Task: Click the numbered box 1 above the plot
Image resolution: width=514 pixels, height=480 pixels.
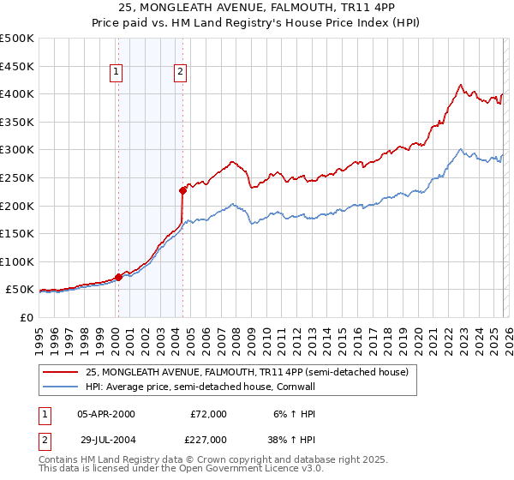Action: click(x=116, y=73)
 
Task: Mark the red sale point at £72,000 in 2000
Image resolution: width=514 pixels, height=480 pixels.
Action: click(x=118, y=277)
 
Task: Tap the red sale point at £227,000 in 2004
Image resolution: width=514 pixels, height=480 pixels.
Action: click(x=182, y=190)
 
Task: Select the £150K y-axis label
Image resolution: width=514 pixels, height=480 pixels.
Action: click(x=17, y=233)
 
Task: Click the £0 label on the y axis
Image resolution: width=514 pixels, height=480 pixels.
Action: click(x=25, y=317)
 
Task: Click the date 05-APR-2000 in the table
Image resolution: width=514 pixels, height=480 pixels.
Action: click(x=106, y=414)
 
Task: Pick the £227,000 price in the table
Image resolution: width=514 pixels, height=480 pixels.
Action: click(x=208, y=439)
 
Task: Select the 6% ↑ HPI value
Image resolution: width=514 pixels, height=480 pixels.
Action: click(x=295, y=414)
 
